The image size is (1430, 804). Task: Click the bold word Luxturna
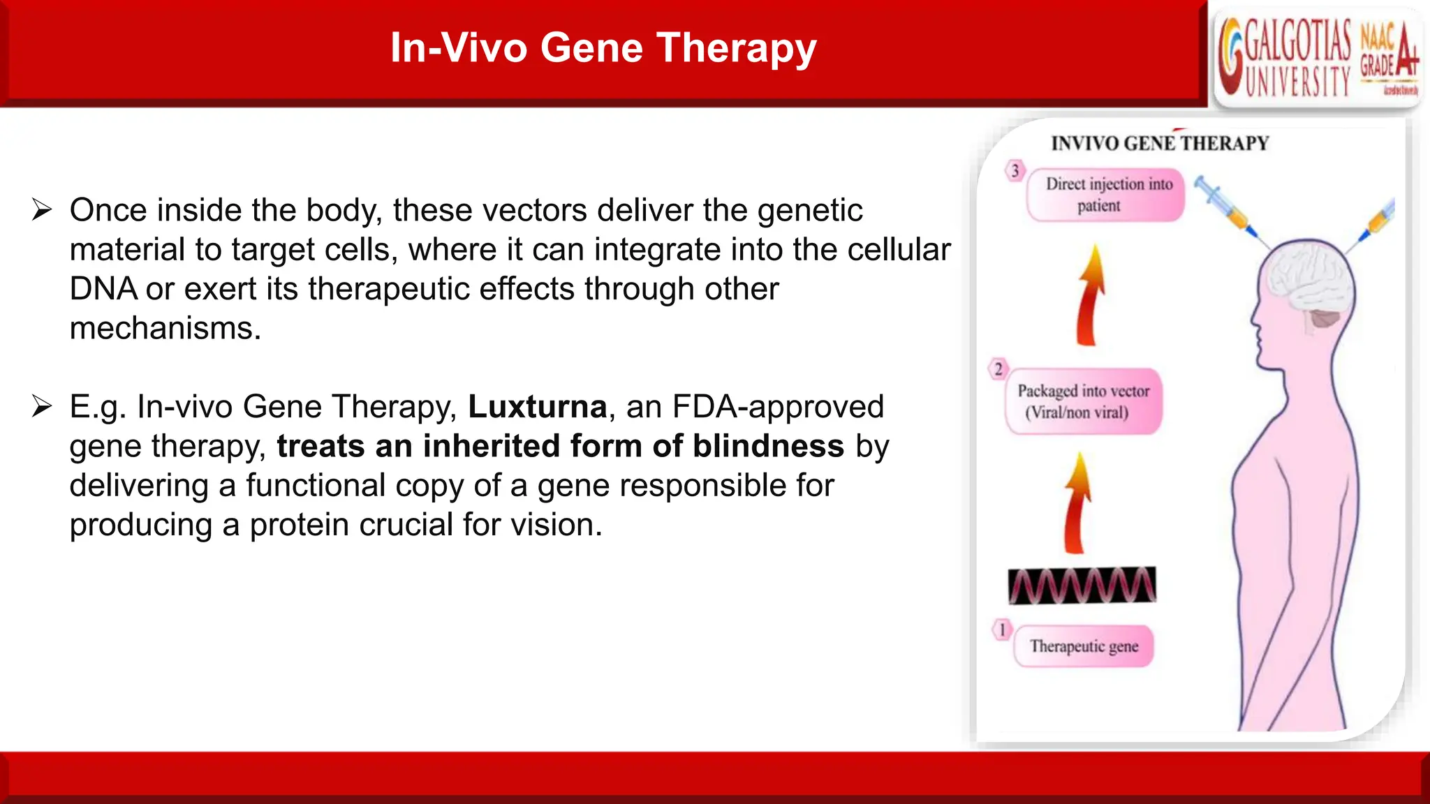pyautogui.click(x=537, y=407)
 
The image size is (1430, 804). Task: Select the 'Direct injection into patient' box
pyautogui.click(x=1106, y=195)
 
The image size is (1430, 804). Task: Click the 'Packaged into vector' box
pyautogui.click(x=1083, y=401)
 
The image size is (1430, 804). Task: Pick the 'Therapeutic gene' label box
pyautogui.click(x=1083, y=646)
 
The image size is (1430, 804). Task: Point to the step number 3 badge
pyautogui.click(x=1015, y=171)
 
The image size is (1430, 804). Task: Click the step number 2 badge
pyautogui.click(x=998, y=369)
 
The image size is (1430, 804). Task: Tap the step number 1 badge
pyautogui.click(x=1002, y=630)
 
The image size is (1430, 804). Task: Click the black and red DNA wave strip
pyautogui.click(x=1082, y=585)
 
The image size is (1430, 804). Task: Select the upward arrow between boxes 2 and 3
pyautogui.click(x=1091, y=296)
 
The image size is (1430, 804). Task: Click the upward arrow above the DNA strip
pyautogui.click(x=1077, y=502)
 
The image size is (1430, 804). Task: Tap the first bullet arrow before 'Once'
pyautogui.click(x=42, y=210)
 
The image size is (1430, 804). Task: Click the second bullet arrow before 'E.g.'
pyautogui.click(x=42, y=406)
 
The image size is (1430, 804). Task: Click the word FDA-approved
pyautogui.click(x=778, y=407)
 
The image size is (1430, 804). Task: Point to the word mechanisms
pyautogui.click(x=165, y=328)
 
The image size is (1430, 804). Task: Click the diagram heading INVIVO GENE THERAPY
pyautogui.click(x=1160, y=144)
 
